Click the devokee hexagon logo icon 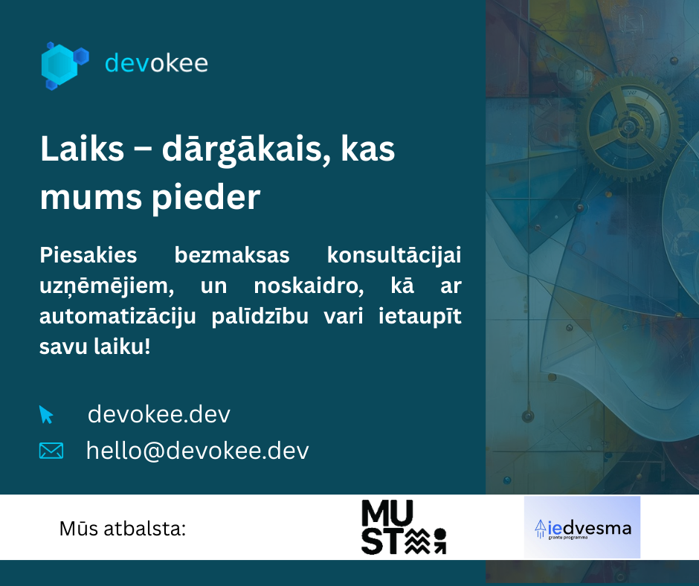coord(64,65)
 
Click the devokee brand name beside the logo coord(156,63)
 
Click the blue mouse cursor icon coord(46,415)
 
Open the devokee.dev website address coord(159,414)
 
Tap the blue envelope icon coord(51,451)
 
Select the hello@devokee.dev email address coord(198,450)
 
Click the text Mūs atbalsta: coord(122,529)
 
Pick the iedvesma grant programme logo coord(582,527)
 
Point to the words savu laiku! coord(94,347)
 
